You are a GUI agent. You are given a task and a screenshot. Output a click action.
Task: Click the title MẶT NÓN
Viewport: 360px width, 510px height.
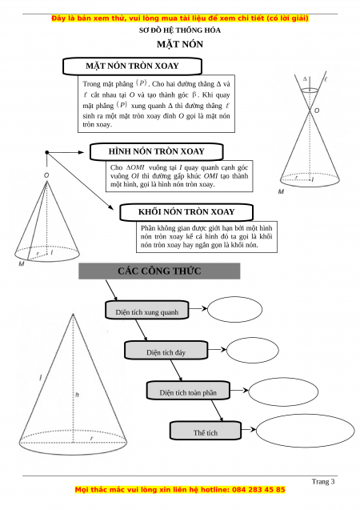tap(180, 44)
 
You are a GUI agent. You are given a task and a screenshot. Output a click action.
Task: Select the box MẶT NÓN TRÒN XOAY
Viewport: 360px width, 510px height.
tap(132, 66)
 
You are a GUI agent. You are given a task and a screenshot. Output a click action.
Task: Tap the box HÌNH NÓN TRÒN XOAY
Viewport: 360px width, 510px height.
tap(157, 151)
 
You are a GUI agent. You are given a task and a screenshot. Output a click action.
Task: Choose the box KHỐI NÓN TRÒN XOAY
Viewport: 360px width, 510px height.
tap(186, 212)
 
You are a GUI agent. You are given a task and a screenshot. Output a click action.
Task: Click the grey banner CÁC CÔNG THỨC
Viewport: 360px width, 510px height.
tap(159, 271)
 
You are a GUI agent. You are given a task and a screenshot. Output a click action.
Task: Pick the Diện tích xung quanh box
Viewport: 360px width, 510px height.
tap(147, 310)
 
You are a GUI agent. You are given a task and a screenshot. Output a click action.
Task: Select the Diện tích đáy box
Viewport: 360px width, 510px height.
tap(166, 350)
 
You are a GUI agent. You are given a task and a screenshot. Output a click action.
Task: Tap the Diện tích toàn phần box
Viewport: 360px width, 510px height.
tap(188, 391)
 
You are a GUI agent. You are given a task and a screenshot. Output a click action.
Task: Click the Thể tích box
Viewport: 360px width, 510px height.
tap(206, 431)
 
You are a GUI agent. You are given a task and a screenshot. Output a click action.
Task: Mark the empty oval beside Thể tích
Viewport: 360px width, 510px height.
tap(305, 430)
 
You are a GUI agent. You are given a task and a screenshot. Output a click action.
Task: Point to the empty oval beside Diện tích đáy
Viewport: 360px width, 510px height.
tap(253, 351)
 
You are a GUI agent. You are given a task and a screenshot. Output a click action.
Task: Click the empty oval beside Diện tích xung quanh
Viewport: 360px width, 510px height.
tap(234, 309)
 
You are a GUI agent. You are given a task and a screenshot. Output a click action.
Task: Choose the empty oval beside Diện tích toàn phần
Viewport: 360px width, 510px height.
tap(283, 392)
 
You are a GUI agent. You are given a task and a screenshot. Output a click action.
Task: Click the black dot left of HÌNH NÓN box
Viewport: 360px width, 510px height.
tap(46, 152)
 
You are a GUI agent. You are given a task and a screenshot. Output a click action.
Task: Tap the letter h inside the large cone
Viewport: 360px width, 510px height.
tap(77, 395)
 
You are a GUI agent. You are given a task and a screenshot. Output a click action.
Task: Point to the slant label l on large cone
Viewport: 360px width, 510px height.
tap(41, 378)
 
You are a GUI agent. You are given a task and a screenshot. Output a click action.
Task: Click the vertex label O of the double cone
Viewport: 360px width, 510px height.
tap(317, 110)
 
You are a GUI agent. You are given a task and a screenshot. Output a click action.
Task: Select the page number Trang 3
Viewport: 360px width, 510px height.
tap(323, 482)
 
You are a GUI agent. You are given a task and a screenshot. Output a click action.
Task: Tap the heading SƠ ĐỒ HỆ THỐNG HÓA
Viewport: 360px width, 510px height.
tap(180, 30)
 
